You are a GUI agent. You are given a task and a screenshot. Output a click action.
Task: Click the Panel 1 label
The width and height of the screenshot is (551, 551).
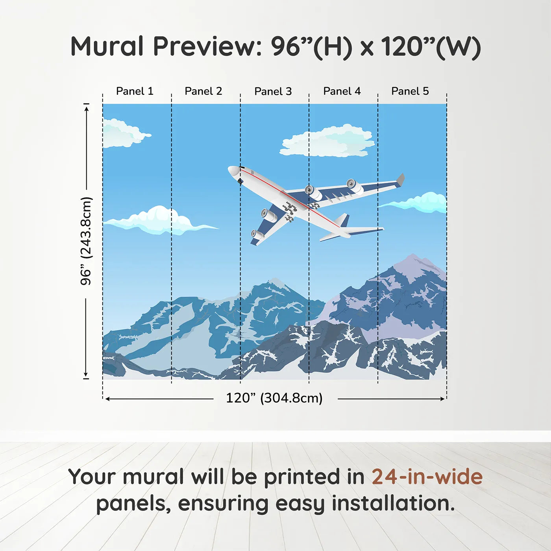click(x=135, y=91)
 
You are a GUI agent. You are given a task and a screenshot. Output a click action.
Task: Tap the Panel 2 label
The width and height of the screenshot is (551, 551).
click(x=203, y=91)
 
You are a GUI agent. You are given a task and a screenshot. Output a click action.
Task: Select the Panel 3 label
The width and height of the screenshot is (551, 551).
click(x=273, y=92)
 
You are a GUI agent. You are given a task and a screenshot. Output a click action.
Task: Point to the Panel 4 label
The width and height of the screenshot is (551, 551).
click(x=342, y=91)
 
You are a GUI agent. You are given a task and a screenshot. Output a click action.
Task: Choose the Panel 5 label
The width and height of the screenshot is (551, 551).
click(x=410, y=91)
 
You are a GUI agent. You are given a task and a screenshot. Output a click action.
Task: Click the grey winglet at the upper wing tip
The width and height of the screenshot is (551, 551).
click(x=400, y=179)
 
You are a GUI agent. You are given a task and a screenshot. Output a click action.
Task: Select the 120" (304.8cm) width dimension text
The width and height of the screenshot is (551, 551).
click(x=274, y=398)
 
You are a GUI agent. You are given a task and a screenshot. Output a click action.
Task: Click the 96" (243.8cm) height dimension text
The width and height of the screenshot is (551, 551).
click(x=86, y=241)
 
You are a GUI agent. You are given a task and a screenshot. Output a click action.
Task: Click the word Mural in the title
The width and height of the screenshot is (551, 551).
click(x=107, y=46)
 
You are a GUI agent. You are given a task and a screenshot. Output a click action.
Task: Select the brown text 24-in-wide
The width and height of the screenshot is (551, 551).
click(x=427, y=477)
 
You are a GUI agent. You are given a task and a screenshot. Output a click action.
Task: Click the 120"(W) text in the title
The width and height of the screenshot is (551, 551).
click(x=431, y=46)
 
